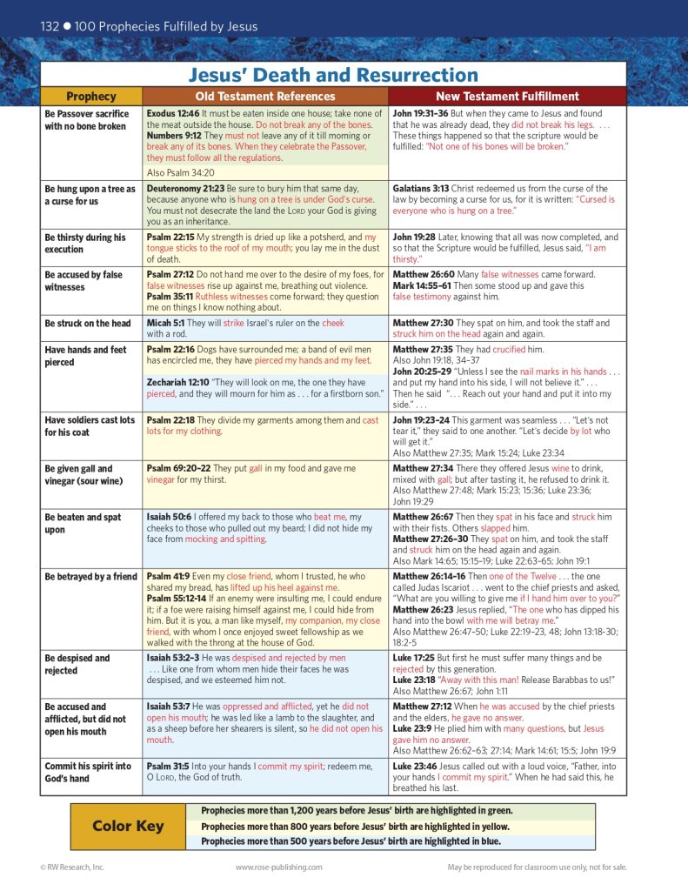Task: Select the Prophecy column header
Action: coord(91,97)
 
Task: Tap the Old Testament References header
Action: coord(264,97)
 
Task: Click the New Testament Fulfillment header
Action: coord(507,97)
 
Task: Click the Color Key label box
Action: coord(128,826)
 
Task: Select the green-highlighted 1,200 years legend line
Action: coord(356,810)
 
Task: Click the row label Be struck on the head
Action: coord(88,324)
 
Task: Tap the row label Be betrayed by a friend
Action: coord(91,576)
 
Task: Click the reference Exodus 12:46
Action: coord(174,114)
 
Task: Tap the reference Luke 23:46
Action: coord(418,766)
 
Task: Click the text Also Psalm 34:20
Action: coord(183,172)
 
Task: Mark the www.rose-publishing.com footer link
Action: coord(278,867)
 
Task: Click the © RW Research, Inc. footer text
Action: coord(72,867)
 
